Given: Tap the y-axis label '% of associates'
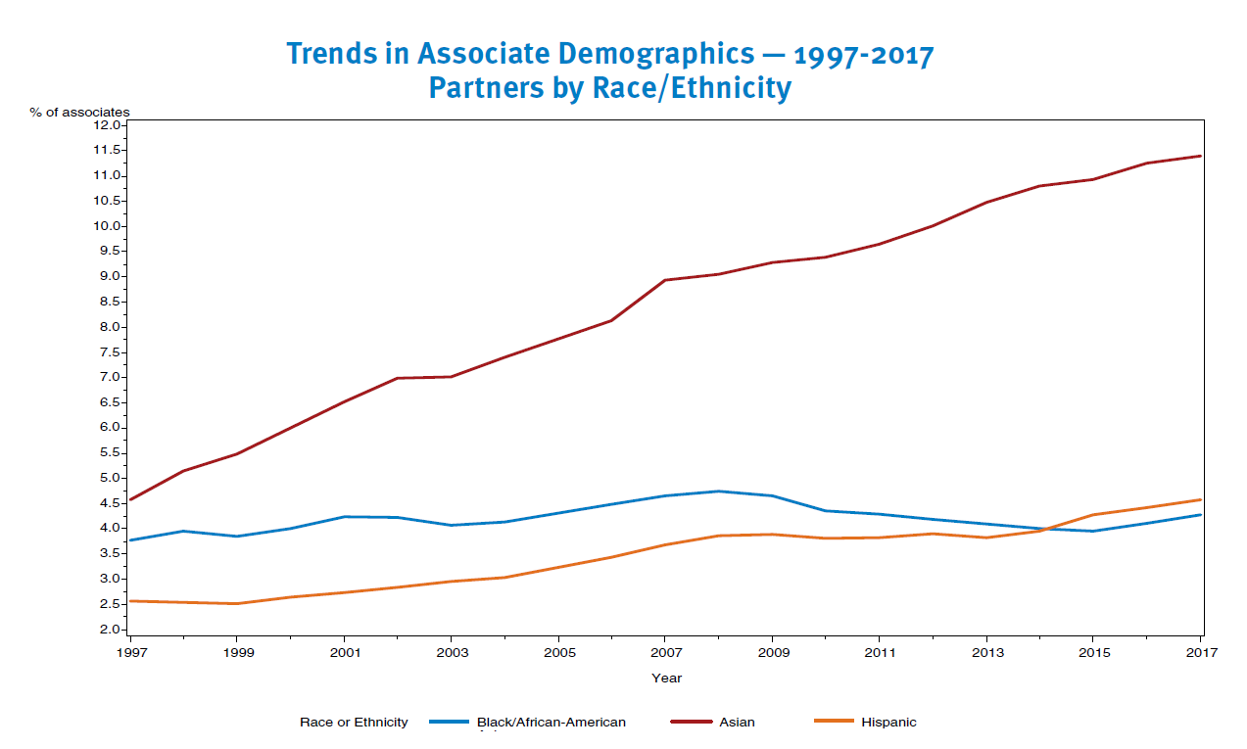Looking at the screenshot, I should click(79, 113).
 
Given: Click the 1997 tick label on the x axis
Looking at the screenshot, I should click(129, 652).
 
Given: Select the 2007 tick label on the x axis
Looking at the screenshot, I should click(666, 652).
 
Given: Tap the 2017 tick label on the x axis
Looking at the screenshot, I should click(1202, 652).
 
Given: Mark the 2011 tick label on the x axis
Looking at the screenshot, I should click(880, 652).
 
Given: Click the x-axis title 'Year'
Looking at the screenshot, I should click(666, 678).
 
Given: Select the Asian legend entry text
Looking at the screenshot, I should click(737, 723).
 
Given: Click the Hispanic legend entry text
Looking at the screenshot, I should click(888, 723).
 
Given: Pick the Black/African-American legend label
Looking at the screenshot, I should click(551, 723).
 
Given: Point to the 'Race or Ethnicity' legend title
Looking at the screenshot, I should click(354, 723).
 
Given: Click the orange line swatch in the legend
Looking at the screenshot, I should click(834, 723).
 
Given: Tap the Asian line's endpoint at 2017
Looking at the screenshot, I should click(1202, 156).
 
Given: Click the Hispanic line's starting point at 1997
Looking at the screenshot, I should click(130, 600).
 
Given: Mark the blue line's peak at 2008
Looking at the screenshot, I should click(719, 491).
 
